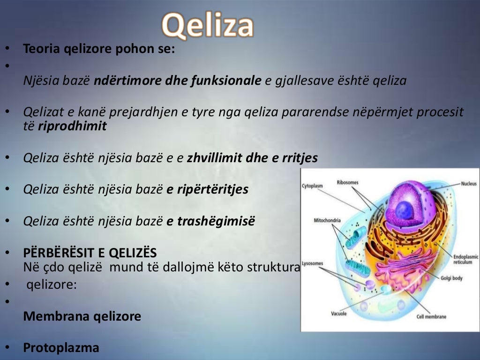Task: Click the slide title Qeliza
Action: click(x=208, y=25)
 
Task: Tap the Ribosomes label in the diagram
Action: click(x=348, y=181)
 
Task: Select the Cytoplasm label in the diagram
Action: click(x=312, y=186)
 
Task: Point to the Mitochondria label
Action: click(x=327, y=220)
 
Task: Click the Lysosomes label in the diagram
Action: click(x=313, y=263)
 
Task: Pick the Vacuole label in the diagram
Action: click(x=338, y=314)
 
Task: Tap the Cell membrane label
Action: click(x=431, y=317)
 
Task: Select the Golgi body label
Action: click(x=451, y=278)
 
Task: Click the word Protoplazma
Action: click(x=61, y=348)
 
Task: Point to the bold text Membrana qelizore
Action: click(x=82, y=316)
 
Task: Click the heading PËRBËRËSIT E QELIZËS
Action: click(x=90, y=253)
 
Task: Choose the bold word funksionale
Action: click(x=226, y=81)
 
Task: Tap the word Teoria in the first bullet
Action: click(x=41, y=49)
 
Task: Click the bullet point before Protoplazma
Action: click(x=7, y=347)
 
